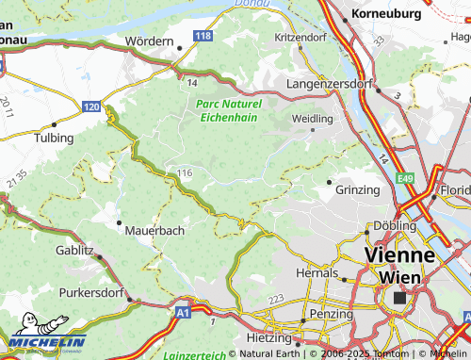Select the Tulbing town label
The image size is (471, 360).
(x=54, y=138)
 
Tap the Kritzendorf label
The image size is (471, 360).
(x=300, y=36)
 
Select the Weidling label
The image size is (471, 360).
(x=314, y=119)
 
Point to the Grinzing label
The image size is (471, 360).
(x=357, y=189)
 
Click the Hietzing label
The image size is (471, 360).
(x=268, y=336)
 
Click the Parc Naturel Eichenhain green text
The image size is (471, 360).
(x=227, y=110)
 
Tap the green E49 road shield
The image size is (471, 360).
(x=405, y=177)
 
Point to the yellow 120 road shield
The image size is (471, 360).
(x=90, y=108)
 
